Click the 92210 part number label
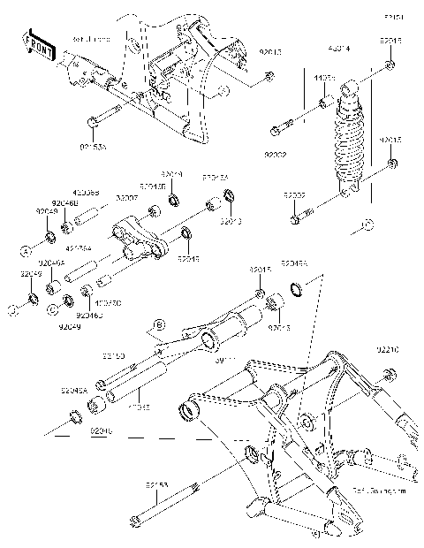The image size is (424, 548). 399,349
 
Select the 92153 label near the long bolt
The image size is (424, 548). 160,485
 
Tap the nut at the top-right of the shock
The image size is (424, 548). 390,67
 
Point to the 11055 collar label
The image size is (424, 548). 326,79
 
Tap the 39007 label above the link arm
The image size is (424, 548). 128,200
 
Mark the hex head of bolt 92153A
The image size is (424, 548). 91,122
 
